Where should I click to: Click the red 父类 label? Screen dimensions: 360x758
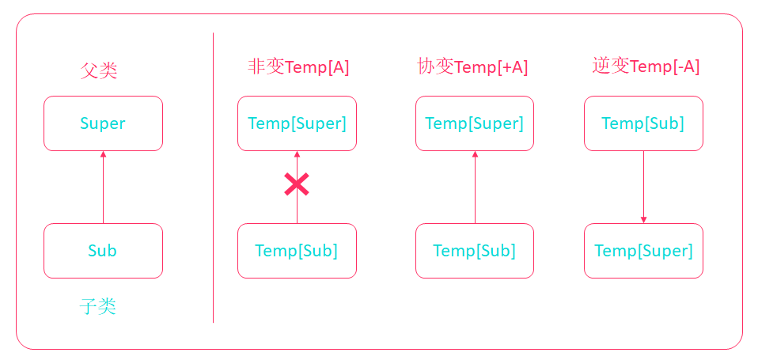99,70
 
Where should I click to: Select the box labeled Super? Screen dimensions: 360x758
103,123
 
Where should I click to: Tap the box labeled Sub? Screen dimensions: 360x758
103,251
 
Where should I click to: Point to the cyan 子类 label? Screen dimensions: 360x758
99,306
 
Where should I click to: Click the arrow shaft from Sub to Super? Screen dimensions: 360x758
103,190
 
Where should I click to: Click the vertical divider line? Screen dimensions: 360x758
213,178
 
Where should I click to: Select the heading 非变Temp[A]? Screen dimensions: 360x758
298,66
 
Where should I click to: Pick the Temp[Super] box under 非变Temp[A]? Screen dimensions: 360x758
297,123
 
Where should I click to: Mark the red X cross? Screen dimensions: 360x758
297,184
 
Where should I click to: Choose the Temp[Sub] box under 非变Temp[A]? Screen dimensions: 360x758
297,251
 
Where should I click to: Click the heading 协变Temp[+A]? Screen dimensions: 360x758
472,66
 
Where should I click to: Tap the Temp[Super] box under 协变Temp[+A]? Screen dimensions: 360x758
475,123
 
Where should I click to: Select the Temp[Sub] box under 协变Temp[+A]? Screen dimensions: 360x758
475,251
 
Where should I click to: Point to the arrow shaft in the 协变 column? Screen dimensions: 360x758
475,190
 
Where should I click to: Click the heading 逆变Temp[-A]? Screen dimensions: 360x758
646,66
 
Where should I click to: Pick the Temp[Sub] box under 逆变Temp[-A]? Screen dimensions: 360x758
643,123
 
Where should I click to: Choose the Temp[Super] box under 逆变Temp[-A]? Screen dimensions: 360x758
643,251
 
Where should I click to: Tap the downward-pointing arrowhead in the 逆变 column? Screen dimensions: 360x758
643,219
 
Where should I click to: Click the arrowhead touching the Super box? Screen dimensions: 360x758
103,154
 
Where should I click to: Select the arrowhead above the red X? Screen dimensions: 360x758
297,154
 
